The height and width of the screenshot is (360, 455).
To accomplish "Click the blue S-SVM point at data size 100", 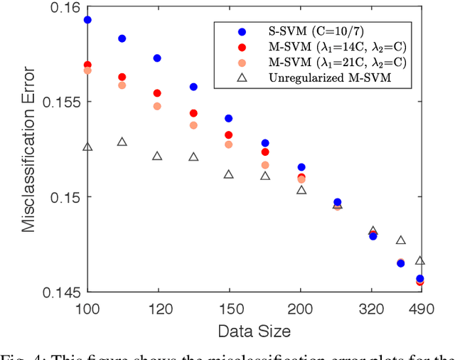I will click(x=87, y=20).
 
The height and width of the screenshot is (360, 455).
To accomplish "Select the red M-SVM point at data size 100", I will click(x=87, y=65).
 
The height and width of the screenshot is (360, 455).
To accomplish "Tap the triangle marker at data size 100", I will click(x=87, y=147).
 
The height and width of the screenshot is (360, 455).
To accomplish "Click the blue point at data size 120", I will click(x=157, y=58).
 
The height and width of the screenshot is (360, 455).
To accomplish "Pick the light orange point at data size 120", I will click(x=157, y=106).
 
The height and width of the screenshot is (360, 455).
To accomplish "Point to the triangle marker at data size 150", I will click(x=229, y=174).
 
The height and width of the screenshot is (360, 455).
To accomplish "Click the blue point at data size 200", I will click(x=301, y=167).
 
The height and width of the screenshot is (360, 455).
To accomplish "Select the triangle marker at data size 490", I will click(x=420, y=261).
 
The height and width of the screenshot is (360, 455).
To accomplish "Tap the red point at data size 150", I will click(x=229, y=135).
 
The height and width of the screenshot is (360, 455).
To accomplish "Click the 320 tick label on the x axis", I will click(x=373, y=309).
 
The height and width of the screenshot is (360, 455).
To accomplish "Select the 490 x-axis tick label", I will click(x=419, y=309).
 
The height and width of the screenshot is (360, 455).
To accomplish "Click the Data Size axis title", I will click(x=254, y=331).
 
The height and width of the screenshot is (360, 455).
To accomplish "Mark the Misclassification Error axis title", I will click(x=28, y=149).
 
